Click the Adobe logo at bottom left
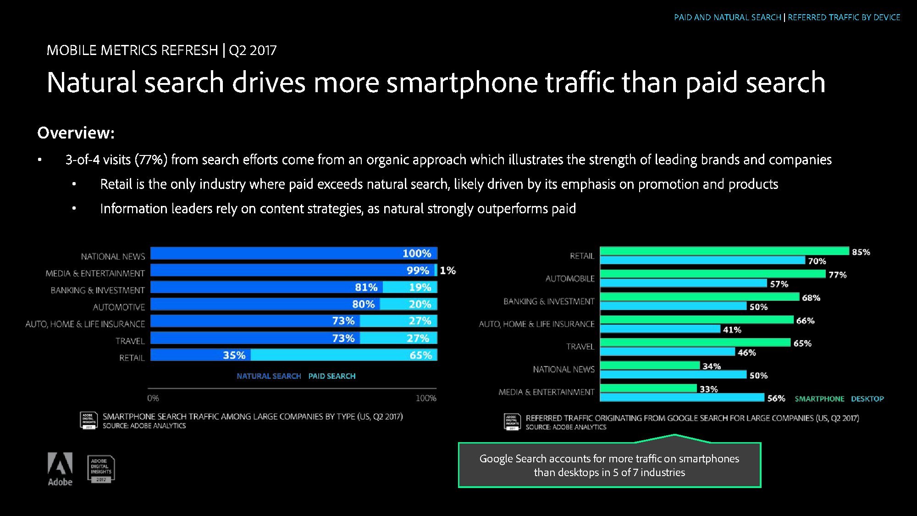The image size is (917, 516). click(x=60, y=468)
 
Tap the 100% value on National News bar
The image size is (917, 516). click(x=416, y=254)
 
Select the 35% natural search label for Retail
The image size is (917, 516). click(x=234, y=355)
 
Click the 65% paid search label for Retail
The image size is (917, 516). click(x=420, y=355)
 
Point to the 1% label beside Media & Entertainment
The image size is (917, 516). click(x=447, y=271)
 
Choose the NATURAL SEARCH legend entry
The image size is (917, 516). click(x=269, y=376)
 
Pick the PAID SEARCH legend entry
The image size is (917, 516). click(x=332, y=376)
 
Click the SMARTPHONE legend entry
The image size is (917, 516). click(x=819, y=399)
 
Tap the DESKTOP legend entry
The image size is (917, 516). click(x=867, y=399)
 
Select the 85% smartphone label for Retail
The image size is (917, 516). click(x=861, y=252)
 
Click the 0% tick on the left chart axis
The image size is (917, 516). click(x=153, y=398)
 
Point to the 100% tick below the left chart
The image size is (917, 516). click(x=426, y=398)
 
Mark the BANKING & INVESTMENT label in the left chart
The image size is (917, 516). click(x=98, y=290)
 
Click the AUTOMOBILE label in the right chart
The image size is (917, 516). click(x=570, y=279)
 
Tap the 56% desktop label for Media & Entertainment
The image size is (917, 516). click(x=776, y=399)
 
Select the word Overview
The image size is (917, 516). click(x=76, y=133)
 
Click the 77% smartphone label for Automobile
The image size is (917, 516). click(x=837, y=275)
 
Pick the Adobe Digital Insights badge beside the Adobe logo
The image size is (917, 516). click(x=101, y=469)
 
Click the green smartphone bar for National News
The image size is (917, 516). click(x=650, y=366)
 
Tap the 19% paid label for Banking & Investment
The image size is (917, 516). click(x=420, y=288)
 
